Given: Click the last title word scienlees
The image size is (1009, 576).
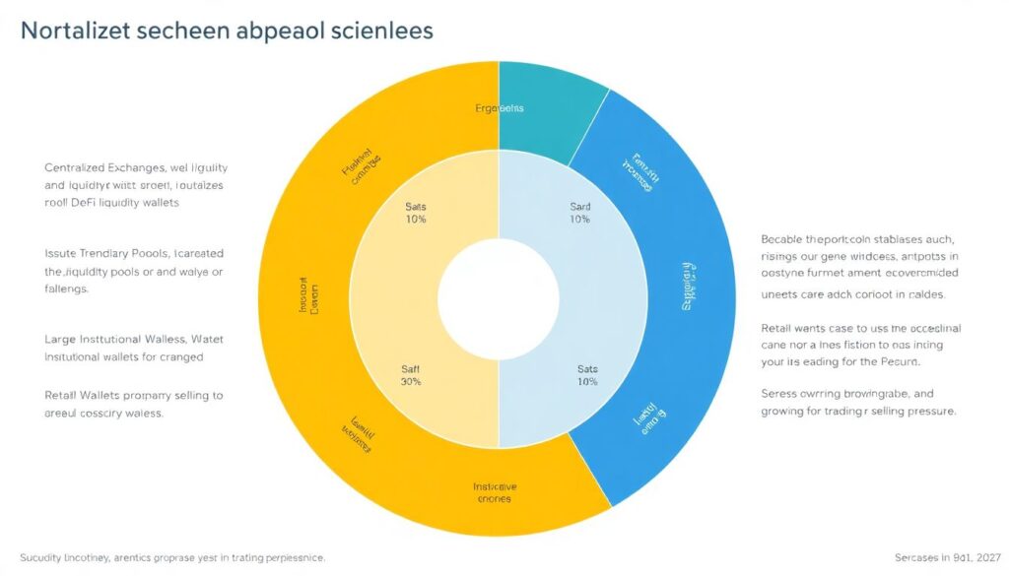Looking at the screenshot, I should pos(380,32).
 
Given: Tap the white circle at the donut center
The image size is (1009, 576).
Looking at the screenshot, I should pos(499,297).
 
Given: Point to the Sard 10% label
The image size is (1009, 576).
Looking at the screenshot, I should pos(580,213).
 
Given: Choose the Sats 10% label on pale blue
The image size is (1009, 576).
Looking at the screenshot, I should pos(587,375).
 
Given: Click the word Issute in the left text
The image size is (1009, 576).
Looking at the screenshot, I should pos(62,253).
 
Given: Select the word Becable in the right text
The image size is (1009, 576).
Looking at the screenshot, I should pos(783,239).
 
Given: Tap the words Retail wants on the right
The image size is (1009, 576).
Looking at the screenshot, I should pos(795,328).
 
